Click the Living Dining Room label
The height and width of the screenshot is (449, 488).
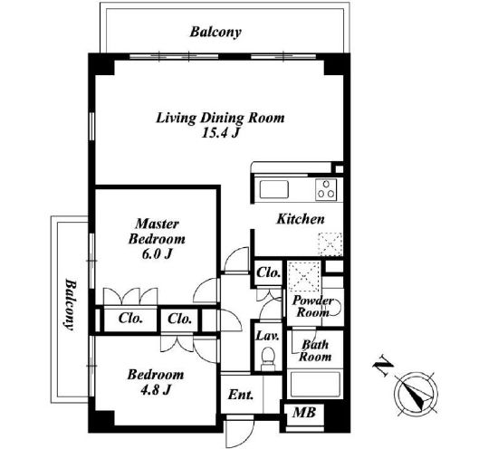220,118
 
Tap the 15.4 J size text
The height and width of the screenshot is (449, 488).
220,133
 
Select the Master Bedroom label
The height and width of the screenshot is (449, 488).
157,232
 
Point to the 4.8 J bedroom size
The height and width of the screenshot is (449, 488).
156,389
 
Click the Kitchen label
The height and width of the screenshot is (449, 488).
301,219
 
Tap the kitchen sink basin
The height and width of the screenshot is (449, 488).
273,189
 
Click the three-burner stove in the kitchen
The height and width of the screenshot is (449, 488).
326,189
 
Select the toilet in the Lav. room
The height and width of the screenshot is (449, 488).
268,358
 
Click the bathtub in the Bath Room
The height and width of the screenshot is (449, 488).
315,384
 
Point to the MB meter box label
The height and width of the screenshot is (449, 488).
304,412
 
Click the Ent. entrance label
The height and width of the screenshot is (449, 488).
241,395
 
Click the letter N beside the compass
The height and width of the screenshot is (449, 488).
383,368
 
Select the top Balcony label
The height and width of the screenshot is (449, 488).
215,32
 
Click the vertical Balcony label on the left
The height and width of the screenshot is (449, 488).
72,305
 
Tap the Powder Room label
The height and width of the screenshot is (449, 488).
312,306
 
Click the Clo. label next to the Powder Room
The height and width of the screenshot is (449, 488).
269,272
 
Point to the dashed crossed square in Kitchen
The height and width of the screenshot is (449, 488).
330,244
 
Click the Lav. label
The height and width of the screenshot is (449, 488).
268,336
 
